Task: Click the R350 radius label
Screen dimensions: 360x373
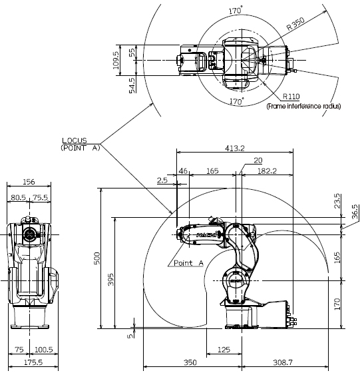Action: click(295, 24)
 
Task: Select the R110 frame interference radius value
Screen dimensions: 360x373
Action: click(291, 97)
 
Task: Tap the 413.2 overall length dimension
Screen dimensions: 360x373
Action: click(235, 148)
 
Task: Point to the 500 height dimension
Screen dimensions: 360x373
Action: click(97, 258)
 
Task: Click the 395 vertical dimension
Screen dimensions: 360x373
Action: click(111, 280)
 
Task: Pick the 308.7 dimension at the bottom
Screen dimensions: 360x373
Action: click(283, 362)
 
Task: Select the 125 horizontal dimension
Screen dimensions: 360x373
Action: click(224, 350)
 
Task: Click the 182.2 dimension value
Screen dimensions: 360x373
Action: click(267, 171)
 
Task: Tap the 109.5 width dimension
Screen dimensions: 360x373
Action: click(116, 61)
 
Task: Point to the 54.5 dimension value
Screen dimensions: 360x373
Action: click(132, 85)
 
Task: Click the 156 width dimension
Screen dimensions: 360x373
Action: click(29, 182)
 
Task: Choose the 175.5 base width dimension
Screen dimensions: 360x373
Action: click(33, 362)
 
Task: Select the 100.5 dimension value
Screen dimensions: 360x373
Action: click(44, 350)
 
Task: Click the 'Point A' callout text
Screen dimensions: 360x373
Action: click(189, 263)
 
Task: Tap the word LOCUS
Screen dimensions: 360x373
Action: click(75, 141)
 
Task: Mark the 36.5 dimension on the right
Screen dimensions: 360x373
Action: click(355, 212)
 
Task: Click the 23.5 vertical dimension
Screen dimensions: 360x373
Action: click(337, 201)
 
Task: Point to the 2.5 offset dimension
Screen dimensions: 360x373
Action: click(162, 180)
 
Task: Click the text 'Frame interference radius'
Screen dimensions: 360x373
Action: click(303, 106)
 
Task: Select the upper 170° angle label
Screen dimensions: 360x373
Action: click(236, 11)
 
